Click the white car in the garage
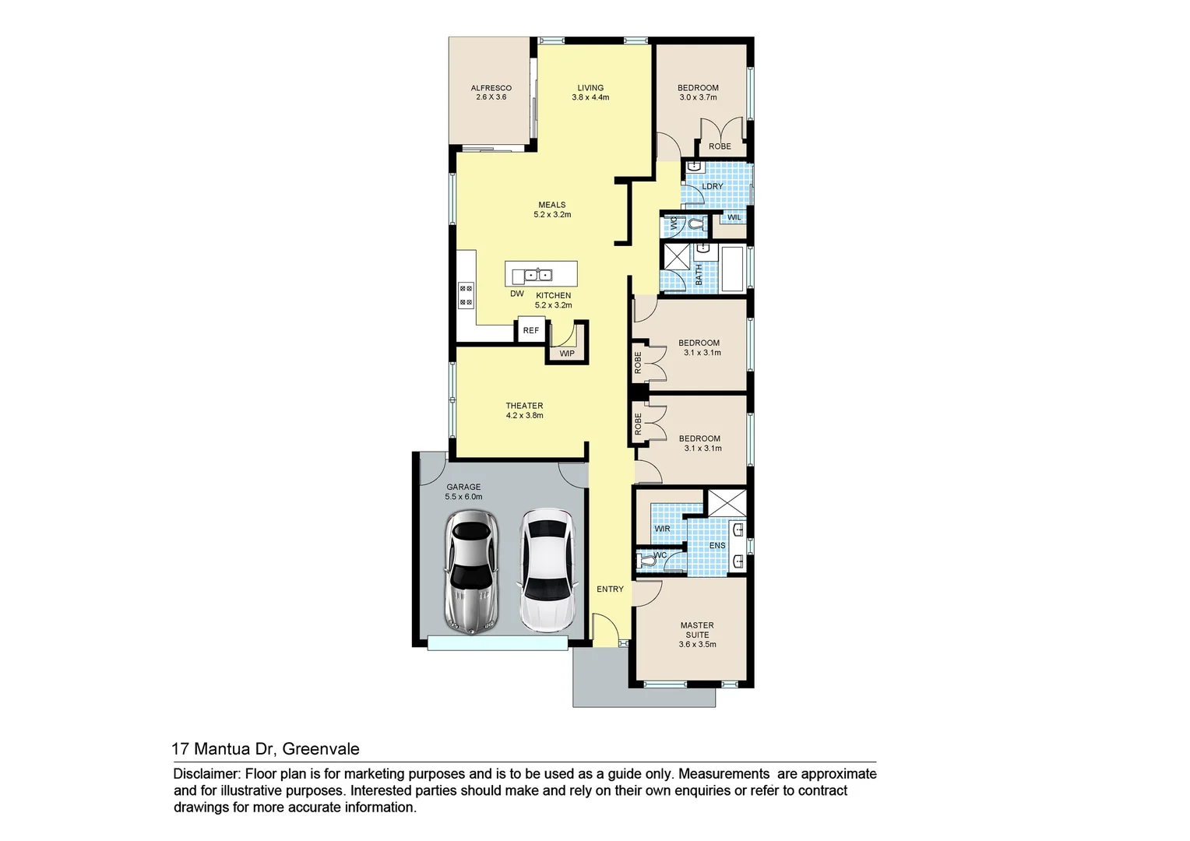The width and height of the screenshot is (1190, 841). pyautogui.click(x=546, y=570)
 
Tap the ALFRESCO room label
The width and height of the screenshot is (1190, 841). pyautogui.click(x=491, y=93)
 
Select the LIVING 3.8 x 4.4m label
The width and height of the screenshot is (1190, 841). pyautogui.click(x=590, y=93)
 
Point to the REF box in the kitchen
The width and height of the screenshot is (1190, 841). pyautogui.click(x=531, y=330)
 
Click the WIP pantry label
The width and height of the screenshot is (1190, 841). pyautogui.click(x=567, y=354)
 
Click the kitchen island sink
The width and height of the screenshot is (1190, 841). pyautogui.click(x=537, y=275)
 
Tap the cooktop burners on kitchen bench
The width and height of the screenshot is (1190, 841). pyautogui.click(x=466, y=295)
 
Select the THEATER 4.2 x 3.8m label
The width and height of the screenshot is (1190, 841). pyautogui.click(x=524, y=410)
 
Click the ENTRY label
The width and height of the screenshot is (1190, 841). pyautogui.click(x=610, y=589)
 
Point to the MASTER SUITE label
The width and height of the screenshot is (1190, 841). pyautogui.click(x=697, y=634)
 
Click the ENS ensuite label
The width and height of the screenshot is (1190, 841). pyautogui.click(x=716, y=546)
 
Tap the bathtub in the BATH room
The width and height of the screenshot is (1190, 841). pyautogui.click(x=731, y=269)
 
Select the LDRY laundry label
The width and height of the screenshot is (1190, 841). pyautogui.click(x=712, y=187)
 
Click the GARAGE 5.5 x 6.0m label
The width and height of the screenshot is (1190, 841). pyautogui.click(x=463, y=491)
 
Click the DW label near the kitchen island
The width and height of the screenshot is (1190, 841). pyautogui.click(x=517, y=294)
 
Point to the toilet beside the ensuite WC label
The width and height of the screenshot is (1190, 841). pyautogui.click(x=646, y=559)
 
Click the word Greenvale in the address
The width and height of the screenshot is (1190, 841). pyautogui.click(x=320, y=749)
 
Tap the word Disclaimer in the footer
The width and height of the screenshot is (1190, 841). pyautogui.click(x=206, y=774)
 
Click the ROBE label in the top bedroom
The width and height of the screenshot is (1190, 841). pyautogui.click(x=720, y=146)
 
